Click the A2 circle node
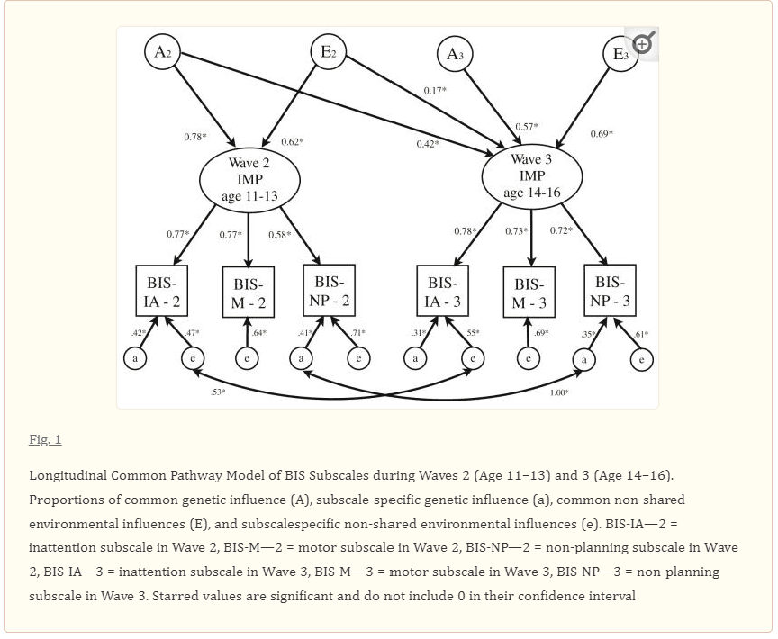163,52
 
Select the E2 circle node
328,52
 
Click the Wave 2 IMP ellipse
249,177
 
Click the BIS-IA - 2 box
163,291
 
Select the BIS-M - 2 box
248,293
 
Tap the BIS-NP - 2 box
329,290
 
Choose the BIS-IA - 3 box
443,291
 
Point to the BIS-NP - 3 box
610,290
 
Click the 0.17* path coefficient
435,91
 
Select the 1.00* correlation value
559,392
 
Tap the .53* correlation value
218,392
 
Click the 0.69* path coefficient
602,134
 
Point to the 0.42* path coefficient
428,144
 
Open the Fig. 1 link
45,439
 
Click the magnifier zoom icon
643,42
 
